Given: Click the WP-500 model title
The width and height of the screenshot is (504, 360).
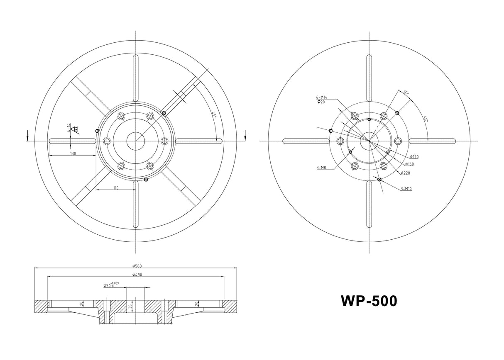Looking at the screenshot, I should pyautogui.click(x=369, y=301).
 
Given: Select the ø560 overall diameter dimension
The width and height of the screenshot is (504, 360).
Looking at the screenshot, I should pyautogui.click(x=137, y=266).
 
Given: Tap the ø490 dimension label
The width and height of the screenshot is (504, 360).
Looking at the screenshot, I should pyautogui.click(x=137, y=275).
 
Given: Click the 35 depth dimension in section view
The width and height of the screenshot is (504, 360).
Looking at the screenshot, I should pyautogui.click(x=130, y=306).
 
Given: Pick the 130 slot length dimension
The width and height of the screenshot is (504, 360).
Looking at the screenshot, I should pyautogui.click(x=73, y=153).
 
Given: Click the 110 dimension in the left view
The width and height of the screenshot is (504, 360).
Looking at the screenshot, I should pyautogui.click(x=115, y=188).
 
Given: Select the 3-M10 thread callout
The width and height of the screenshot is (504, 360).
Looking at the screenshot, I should pyautogui.click(x=406, y=189).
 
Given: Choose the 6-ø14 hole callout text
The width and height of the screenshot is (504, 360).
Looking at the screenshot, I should pyautogui.click(x=322, y=97).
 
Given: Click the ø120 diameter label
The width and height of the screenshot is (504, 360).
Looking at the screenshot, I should pyautogui.click(x=414, y=157).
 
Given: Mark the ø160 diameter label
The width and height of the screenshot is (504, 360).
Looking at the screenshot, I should pyautogui.click(x=409, y=164).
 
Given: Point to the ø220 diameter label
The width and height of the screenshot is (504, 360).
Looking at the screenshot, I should pyautogui.click(x=405, y=173).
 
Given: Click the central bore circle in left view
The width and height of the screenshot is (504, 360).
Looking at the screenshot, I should pyautogui.click(x=136, y=141).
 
